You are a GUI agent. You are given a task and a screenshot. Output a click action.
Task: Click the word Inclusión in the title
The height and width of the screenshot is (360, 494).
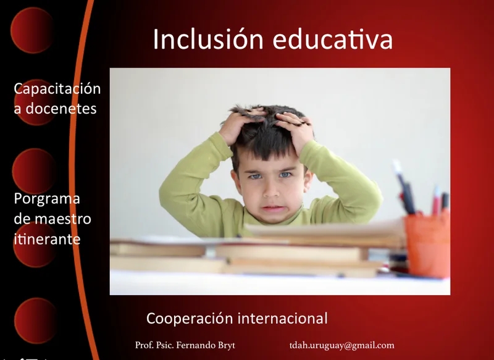point(208,39)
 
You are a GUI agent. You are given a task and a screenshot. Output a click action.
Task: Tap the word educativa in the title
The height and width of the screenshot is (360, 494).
point(333,39)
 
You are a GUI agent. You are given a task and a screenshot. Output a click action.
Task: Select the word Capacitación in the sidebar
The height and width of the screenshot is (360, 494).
point(57,89)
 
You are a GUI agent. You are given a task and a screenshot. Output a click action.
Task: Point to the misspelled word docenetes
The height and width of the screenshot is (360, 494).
point(61,109)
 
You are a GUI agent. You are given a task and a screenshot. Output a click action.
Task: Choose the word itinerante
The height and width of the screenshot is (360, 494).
point(47,239)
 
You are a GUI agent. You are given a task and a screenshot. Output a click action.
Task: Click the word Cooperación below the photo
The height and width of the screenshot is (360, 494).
point(190,319)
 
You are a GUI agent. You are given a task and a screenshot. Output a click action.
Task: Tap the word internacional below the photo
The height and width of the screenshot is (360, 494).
point(283,318)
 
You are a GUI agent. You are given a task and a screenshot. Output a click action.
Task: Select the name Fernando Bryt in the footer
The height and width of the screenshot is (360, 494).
point(206,345)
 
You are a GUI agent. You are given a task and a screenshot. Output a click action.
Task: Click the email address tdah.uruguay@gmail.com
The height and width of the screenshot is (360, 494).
point(342,346)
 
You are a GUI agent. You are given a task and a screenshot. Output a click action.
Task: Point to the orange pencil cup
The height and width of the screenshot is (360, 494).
point(427,244)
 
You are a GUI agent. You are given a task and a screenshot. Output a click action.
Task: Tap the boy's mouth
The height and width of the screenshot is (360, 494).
point(273,209)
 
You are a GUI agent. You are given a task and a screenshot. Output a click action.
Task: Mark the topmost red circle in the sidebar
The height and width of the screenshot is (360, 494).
point(32,30)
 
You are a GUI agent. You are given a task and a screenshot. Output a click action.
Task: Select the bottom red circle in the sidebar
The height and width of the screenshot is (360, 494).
point(36,320)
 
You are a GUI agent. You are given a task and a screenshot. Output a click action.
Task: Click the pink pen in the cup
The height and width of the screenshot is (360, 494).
point(437,201)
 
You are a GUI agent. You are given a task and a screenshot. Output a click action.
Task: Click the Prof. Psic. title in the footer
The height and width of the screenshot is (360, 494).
point(154,345)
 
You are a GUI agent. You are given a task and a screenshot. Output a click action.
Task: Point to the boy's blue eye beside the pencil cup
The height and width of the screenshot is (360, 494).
point(285,175)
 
